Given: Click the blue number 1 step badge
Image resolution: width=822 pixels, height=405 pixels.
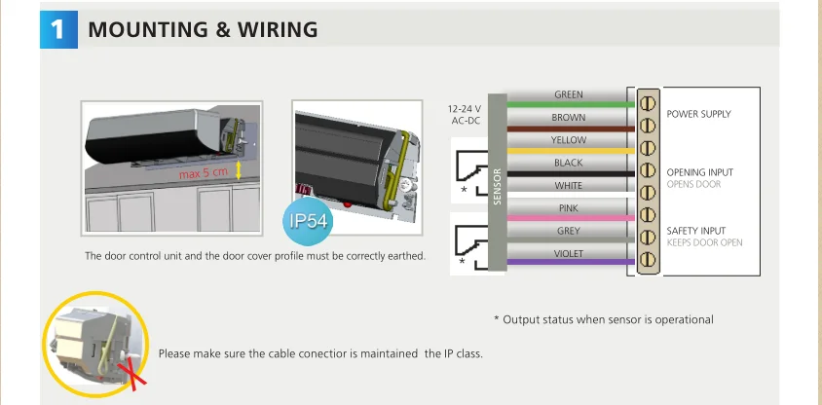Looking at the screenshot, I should [57, 29].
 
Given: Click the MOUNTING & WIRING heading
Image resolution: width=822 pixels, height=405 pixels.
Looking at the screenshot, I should [203, 30].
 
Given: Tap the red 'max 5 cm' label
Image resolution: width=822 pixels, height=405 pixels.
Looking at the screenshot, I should [204, 173].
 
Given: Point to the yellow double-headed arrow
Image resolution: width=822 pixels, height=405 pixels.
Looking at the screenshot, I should [239, 172].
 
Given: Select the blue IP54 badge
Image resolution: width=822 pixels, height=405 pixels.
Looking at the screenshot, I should [310, 221].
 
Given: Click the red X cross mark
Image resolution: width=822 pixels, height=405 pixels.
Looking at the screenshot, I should [126, 369].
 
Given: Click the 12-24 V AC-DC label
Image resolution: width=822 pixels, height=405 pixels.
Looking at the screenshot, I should [465, 115].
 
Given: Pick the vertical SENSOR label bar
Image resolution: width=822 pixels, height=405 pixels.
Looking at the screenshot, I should [498, 185].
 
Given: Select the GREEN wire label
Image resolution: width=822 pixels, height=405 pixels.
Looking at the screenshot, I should [569, 94].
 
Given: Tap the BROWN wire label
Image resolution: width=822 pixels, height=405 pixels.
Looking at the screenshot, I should [569, 118].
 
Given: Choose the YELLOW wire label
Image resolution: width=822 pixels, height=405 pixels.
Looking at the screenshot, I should [569, 140].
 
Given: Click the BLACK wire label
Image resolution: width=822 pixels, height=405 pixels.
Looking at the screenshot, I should [569, 163].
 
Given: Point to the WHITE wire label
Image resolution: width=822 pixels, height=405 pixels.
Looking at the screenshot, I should [569, 185].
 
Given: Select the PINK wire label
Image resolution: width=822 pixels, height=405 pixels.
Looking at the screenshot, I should [569, 208].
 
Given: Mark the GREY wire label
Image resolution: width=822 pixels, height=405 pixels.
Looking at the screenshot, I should [569, 231].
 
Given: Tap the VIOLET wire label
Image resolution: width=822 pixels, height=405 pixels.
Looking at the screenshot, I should [569, 253].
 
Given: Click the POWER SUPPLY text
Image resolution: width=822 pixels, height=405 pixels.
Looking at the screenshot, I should [698, 114].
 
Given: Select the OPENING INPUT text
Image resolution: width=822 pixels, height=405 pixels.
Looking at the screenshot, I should [699, 172].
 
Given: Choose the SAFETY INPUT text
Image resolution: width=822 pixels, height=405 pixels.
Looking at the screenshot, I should [695, 231].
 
